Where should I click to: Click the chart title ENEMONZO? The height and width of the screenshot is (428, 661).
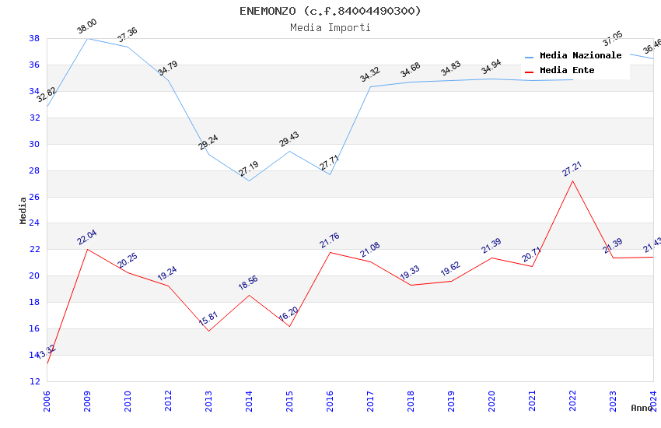click(x=330, y=11)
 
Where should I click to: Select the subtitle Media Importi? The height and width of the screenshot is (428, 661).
click(x=330, y=27)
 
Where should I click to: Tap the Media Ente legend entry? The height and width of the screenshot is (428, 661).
click(x=567, y=70)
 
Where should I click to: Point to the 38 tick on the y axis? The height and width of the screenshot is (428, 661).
click(x=34, y=38)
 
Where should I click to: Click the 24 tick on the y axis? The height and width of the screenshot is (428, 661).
click(x=34, y=223)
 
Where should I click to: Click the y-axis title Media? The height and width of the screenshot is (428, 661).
click(x=23, y=210)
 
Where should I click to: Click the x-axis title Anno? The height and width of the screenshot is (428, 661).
click(x=642, y=408)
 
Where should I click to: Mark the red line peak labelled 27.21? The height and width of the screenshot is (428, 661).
click(x=572, y=181)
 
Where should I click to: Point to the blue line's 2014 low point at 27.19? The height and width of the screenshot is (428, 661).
click(x=249, y=181)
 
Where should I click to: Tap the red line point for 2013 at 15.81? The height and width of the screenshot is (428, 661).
click(x=208, y=331)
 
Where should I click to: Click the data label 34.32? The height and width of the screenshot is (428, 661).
click(x=369, y=75)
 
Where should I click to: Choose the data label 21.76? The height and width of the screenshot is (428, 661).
click(x=329, y=241)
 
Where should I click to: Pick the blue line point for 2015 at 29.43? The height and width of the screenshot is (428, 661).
click(x=289, y=151)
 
